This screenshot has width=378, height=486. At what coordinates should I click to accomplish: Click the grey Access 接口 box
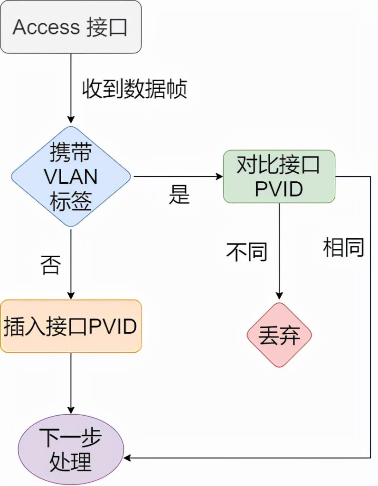71,27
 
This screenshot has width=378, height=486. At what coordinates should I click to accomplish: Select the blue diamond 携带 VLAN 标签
71,177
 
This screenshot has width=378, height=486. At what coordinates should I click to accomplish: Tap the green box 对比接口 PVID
279,177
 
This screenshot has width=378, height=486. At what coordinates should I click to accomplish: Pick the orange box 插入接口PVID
71,326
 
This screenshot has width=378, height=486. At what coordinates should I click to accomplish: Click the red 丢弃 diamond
279,335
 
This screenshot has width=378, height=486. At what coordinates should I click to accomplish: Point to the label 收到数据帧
135,89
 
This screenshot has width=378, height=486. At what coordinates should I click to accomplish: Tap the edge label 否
51,264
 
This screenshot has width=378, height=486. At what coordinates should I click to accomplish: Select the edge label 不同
246,252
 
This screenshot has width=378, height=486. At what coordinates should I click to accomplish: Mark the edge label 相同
343,247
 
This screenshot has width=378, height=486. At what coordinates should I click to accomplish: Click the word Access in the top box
46,28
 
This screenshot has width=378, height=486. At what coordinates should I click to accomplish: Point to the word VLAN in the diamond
71,177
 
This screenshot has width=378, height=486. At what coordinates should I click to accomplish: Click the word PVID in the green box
279,189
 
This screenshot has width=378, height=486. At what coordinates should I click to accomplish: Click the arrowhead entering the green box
220,177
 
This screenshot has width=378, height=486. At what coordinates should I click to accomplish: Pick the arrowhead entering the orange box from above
71,295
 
